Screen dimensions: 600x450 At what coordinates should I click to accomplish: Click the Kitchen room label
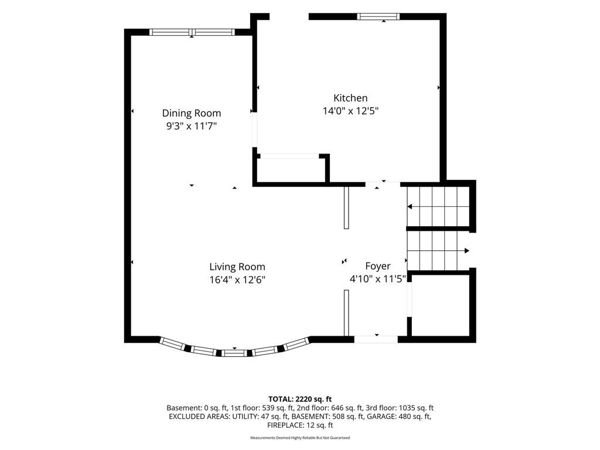350,98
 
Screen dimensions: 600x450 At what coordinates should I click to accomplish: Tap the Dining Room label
192,113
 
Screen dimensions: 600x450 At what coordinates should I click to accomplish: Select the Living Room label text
237,267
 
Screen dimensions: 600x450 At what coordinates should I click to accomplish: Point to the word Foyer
378,267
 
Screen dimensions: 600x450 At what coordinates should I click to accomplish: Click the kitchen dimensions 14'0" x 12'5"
350,111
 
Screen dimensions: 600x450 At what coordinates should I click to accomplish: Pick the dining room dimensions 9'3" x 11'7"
192,126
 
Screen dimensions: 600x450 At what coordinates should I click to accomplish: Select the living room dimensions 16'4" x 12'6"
237,279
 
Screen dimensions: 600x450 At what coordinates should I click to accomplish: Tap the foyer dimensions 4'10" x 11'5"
378,279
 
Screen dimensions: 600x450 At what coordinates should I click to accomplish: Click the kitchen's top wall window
379,16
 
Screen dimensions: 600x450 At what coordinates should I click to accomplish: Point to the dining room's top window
192,32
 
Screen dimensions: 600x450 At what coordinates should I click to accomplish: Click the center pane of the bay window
234,353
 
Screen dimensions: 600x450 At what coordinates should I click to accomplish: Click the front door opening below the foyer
376,339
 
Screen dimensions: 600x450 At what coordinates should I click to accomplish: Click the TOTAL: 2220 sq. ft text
300,400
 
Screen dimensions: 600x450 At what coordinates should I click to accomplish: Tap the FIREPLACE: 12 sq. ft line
300,425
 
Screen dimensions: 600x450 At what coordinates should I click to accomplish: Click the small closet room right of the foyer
441,306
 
